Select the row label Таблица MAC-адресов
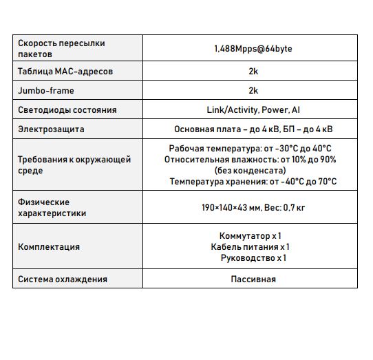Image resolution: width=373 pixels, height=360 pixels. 65,72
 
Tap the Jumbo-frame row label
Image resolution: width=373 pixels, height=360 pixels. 46,90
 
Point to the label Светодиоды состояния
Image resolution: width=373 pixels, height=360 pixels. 67,109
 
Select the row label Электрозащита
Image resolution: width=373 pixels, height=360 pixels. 51,128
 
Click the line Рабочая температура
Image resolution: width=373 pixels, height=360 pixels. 250,149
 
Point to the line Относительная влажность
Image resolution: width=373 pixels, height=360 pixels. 250,160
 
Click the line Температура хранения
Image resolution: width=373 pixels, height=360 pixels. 253,181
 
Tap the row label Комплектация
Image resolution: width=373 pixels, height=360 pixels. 49,247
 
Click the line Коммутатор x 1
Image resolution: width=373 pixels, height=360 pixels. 249,236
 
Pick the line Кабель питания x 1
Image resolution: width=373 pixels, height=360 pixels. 249,247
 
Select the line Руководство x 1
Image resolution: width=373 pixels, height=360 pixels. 253,258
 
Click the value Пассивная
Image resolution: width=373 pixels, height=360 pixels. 253,279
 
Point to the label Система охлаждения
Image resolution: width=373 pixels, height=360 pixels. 63,279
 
